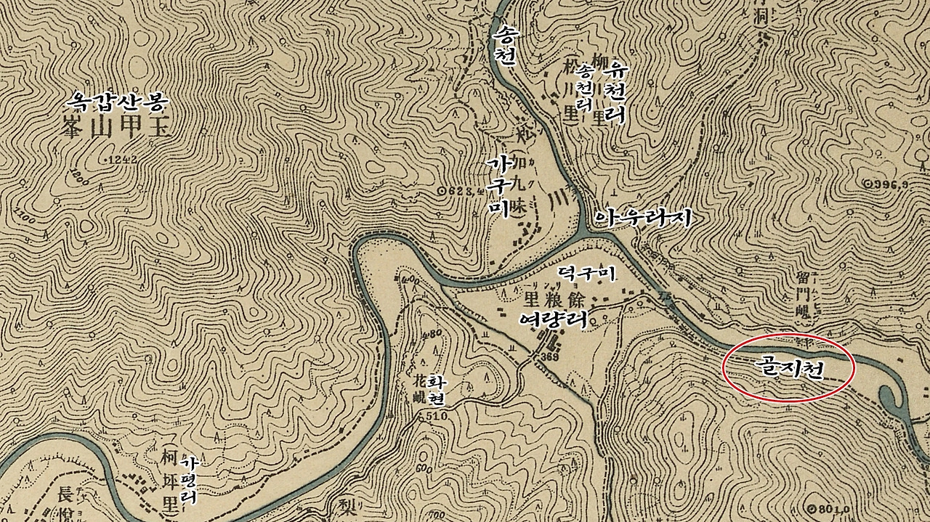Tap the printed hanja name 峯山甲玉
(111, 129)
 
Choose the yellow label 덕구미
(586, 272)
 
